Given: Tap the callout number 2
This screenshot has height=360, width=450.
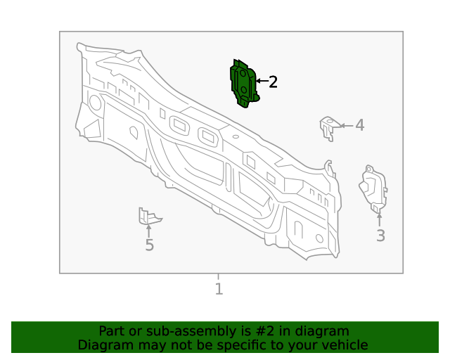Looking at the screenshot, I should tap(274, 82).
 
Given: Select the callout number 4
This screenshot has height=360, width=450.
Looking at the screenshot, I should tap(359, 125).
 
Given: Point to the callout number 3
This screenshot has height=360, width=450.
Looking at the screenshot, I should tap(380, 236).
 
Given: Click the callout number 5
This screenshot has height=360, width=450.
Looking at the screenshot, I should tap(149, 245).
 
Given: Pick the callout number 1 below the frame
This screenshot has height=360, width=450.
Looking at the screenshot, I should tap(219, 288).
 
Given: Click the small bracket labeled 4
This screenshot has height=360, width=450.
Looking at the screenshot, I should tap(327, 128).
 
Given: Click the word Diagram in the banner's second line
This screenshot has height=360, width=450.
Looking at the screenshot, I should tap(103, 345).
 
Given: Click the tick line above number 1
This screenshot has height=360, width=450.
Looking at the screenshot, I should tap(218, 277).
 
